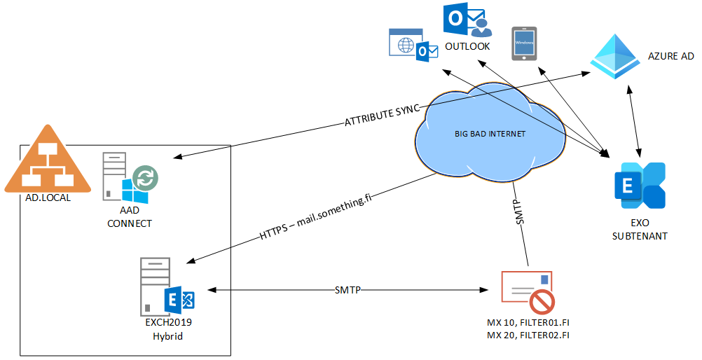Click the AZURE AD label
coord(670,56)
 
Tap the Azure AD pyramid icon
coord(614,57)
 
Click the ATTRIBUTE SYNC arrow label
coord(382,116)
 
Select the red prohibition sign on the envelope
coord(543,302)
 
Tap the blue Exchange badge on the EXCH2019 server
coord(179,299)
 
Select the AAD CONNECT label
coord(130,218)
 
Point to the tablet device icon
coord(524,43)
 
